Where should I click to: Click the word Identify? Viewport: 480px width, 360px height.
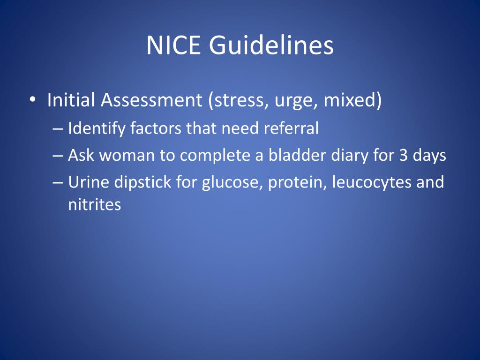[x=96, y=128]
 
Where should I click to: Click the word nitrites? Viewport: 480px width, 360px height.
[x=94, y=205]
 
